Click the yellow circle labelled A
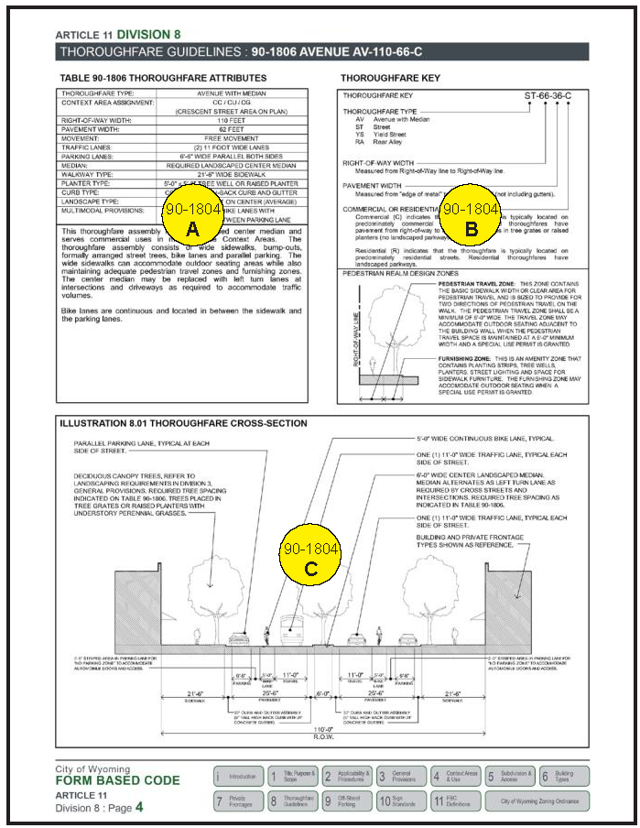coord(191,220)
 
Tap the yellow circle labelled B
coord(471,220)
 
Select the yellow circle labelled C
coord(311,558)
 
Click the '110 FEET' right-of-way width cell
coord(230,120)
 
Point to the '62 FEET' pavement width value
coord(230,129)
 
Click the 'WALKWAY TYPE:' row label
coord(88,173)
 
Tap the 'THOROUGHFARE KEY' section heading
coord(390,79)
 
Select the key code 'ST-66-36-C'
coord(548,94)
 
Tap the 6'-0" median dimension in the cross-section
coord(321,694)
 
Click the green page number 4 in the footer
coord(139,809)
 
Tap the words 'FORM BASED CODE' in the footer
coord(117,781)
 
